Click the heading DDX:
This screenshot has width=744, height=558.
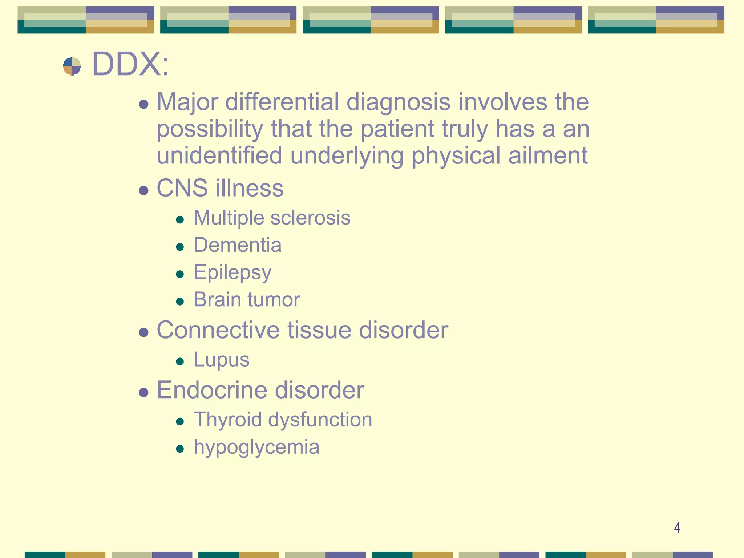tap(130, 64)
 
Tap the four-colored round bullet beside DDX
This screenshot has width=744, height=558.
tap(72, 66)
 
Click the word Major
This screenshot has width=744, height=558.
tap(187, 102)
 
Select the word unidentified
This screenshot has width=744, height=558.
tap(219, 155)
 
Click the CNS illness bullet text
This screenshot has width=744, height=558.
tap(220, 188)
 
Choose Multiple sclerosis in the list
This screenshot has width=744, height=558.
tap(272, 218)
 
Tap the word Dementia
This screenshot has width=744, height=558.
tap(238, 245)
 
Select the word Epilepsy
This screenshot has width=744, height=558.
tap(232, 272)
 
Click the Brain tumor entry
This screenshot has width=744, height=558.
tap(247, 300)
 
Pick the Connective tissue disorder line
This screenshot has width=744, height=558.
tap(302, 330)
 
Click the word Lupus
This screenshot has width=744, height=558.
tap(222, 360)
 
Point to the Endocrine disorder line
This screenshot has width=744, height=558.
tap(260, 390)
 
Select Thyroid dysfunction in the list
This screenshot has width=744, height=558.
tap(283, 420)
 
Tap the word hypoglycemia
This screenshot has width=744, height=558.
tap(256, 447)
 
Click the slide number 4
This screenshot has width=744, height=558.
tap(677, 527)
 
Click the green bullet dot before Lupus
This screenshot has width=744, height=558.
tap(179, 361)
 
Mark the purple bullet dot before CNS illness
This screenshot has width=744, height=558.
tap(144, 190)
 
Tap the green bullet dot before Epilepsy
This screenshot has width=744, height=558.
tap(179, 274)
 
